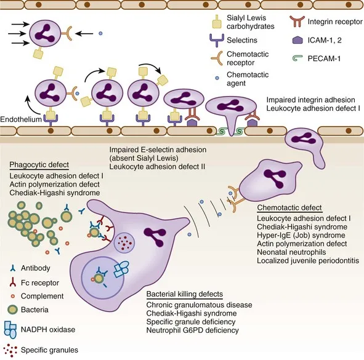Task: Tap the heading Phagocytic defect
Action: (39, 165)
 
